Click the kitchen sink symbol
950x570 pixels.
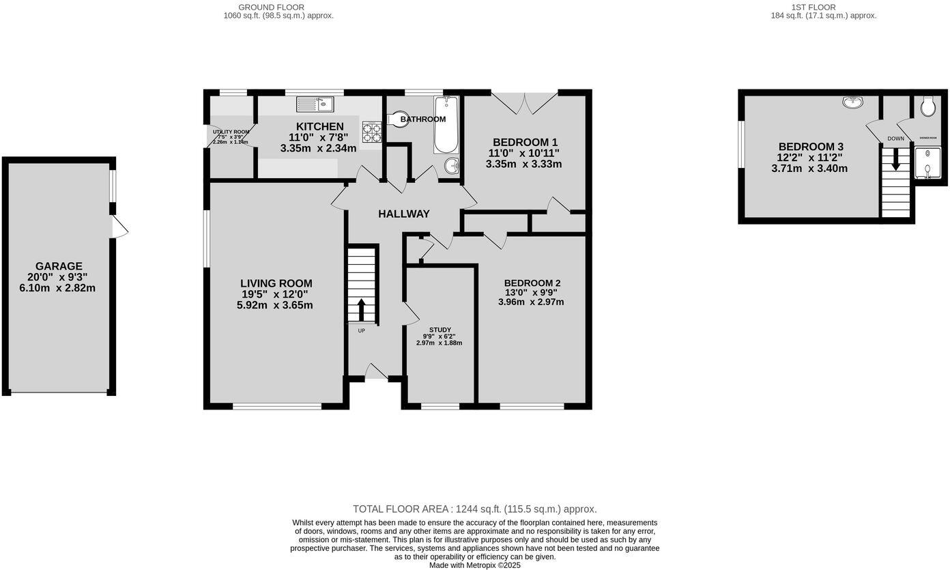coord(315,104)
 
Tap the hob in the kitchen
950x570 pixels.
coord(371,132)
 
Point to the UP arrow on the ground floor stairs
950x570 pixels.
coord(362,309)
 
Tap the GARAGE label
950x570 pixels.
coord(59,266)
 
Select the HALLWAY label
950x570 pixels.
coord(404,214)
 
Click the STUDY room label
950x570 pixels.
coord(440,330)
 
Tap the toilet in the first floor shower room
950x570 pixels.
coord(927,106)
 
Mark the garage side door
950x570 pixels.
coord(119,227)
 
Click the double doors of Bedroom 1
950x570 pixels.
coord(525,102)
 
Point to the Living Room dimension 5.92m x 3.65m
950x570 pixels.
coord(274,305)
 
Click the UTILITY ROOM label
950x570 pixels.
coord(231,132)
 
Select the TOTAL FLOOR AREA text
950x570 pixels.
coord(474,509)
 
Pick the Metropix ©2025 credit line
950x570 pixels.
coord(474,565)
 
